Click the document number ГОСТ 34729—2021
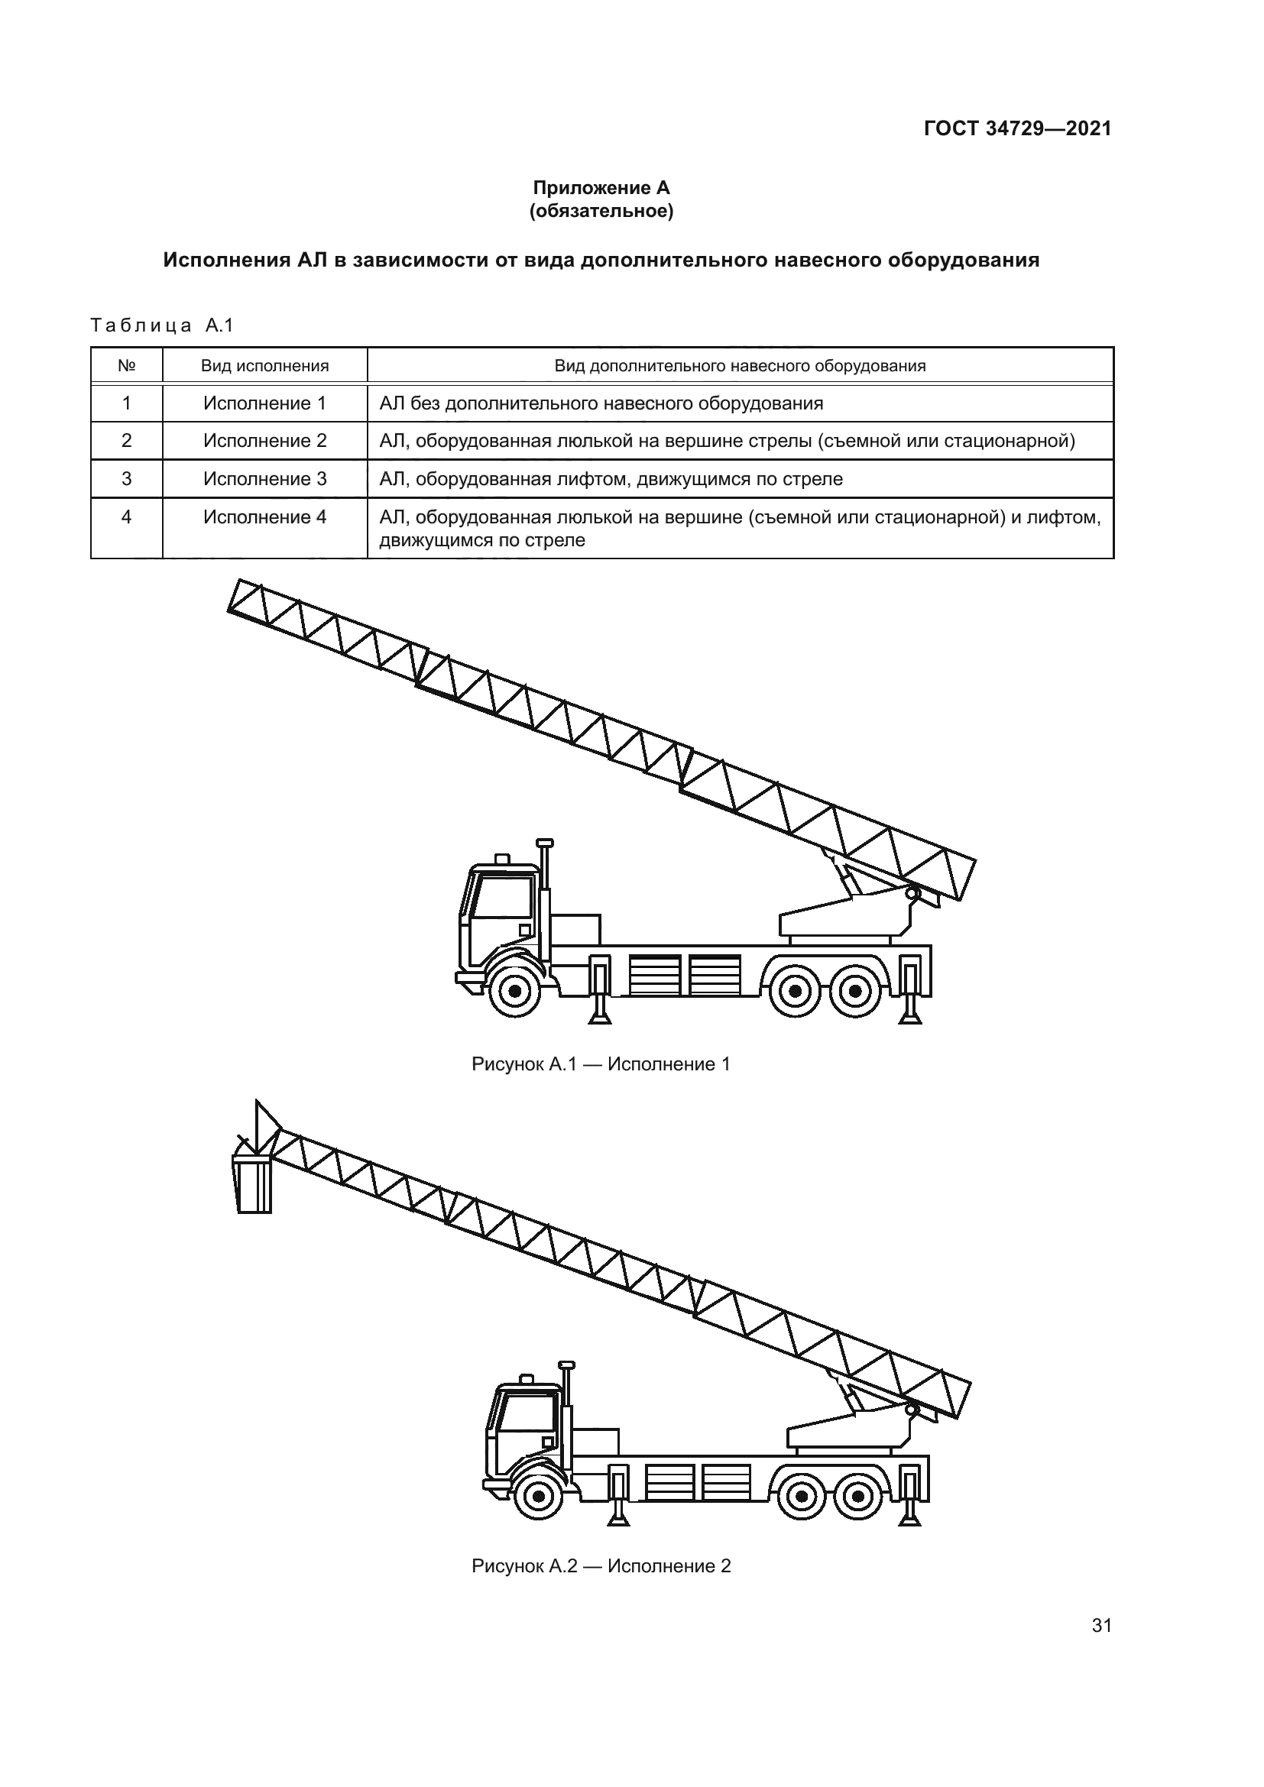(1017, 129)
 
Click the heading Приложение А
(601, 188)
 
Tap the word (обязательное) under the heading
(601, 211)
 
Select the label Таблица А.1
(162, 325)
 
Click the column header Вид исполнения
(264, 366)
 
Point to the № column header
(126, 366)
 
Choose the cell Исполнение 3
(264, 479)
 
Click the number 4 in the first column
(126, 516)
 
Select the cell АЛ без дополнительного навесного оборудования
(601, 403)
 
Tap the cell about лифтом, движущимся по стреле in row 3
(611, 479)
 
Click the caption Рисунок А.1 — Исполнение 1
(601, 1064)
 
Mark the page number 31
(1101, 1669)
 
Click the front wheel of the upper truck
(514, 991)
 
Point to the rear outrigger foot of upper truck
(910, 1015)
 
